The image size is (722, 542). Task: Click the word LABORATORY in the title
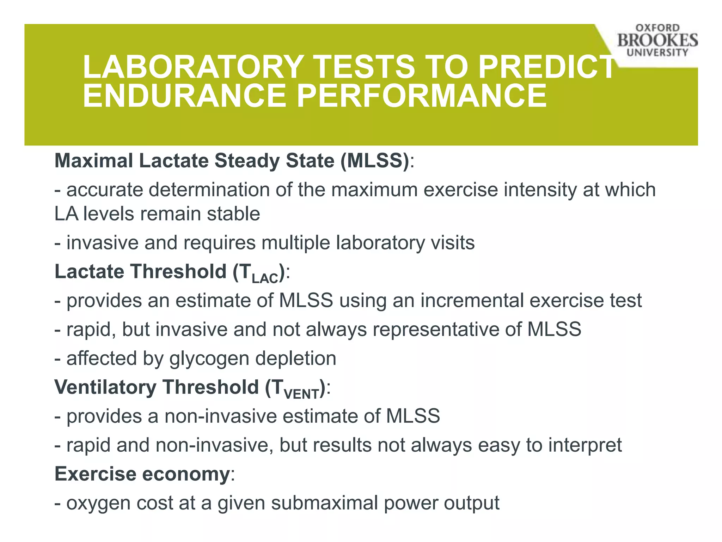tap(192, 67)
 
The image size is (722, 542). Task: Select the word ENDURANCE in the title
tap(184, 96)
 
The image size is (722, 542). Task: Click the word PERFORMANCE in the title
tap(422, 96)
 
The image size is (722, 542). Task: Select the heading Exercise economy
tap(142, 474)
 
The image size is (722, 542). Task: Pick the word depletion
tap(295, 358)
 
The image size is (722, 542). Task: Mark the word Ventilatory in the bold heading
tap(105, 387)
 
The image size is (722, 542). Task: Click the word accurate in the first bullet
tap(104, 190)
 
